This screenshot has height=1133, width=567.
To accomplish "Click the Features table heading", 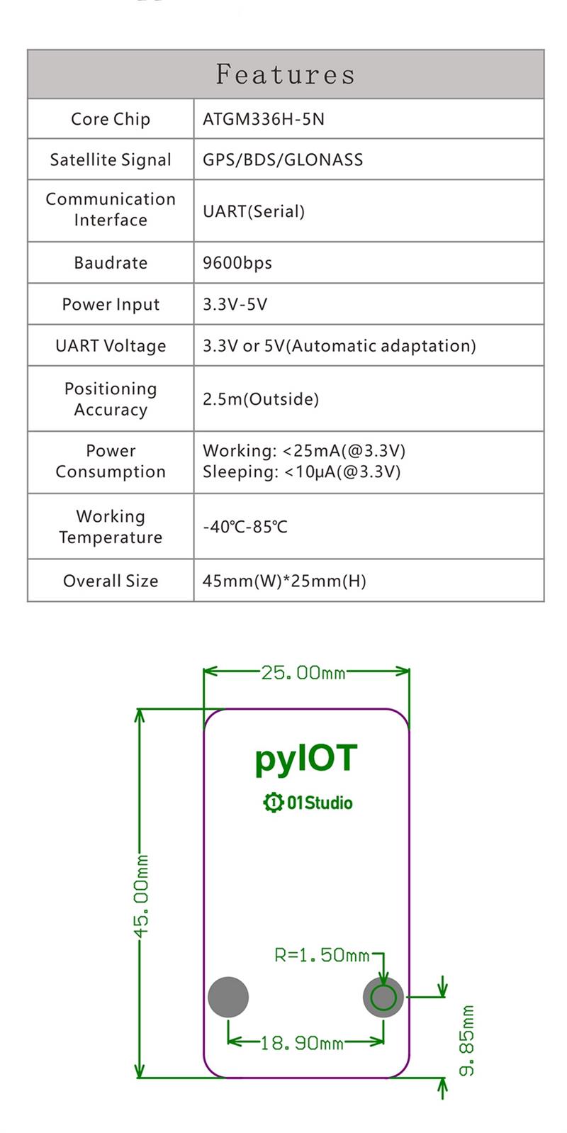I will tap(285, 74).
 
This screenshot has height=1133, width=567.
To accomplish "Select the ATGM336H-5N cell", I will tap(264, 119).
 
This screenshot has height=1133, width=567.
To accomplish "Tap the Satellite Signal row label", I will tap(111, 160).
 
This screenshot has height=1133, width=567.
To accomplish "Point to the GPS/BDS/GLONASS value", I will tap(283, 160).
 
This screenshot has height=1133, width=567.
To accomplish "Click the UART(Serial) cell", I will tap(254, 211).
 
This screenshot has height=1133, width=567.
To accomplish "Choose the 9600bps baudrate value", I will tap(237, 263).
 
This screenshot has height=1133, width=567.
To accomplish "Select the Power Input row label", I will tap(111, 304).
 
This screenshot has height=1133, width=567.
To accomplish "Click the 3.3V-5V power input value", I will tap(235, 304).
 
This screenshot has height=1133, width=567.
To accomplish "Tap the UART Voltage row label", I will tap(111, 346).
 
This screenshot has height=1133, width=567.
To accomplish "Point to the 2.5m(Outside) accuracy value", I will tap(261, 399).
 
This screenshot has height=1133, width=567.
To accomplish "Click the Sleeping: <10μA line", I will tap(302, 472).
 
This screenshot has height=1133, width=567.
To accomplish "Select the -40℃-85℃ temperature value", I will tap(245, 527).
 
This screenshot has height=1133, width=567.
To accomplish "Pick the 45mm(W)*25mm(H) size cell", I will tap(284, 581).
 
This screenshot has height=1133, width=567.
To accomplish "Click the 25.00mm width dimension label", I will tap(303, 672).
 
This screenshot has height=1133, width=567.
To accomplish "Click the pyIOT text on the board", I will tap(306, 759).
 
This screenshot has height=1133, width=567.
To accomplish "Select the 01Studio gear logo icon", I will tap(273, 803).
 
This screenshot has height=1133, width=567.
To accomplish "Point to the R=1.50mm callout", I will tap(322, 955).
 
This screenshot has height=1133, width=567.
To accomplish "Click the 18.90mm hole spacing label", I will tap(302, 1043).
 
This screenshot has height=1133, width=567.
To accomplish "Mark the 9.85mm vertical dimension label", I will tap(467, 1039).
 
